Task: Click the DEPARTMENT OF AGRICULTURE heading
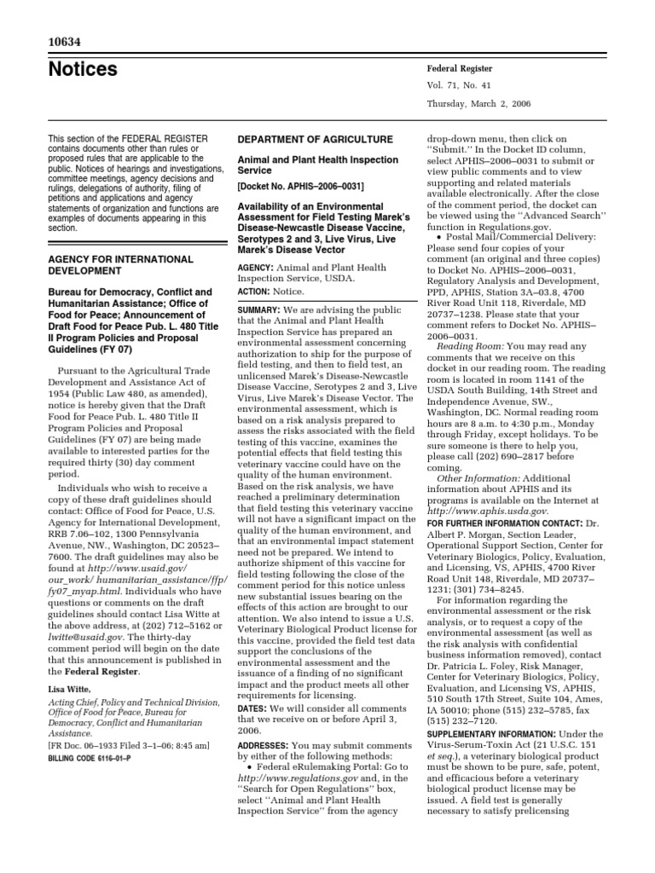pyautogui.click(x=315, y=139)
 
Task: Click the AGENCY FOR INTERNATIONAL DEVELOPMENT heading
pyautogui.click(x=120, y=264)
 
